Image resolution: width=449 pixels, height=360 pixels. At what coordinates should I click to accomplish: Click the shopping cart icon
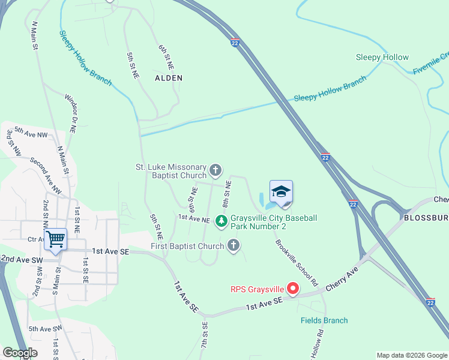pos(55,239)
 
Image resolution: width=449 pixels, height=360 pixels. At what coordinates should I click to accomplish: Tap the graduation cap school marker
pos(281,193)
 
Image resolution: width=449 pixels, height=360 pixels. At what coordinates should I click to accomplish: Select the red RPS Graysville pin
pos(293,289)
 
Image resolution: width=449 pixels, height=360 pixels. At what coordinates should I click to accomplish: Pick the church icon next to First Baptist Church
pos(234,245)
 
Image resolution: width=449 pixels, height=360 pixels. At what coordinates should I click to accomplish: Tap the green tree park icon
pos(221,222)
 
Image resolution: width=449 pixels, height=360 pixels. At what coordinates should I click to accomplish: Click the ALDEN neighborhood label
pos(169,78)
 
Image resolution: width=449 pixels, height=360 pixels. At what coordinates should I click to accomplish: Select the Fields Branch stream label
pos(324,320)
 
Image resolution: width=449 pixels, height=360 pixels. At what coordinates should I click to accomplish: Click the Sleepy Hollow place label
pos(382,58)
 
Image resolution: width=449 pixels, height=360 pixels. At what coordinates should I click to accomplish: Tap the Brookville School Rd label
pos(297,262)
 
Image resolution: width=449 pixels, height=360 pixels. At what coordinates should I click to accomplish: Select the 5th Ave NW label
pos(31,133)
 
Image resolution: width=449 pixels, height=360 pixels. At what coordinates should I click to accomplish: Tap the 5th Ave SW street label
pos(45,329)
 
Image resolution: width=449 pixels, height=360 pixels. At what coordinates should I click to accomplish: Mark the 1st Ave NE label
pos(193,220)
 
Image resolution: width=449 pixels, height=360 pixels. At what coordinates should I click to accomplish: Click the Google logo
pos(20,353)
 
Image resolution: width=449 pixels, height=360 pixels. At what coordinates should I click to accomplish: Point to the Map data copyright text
pos(412,355)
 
